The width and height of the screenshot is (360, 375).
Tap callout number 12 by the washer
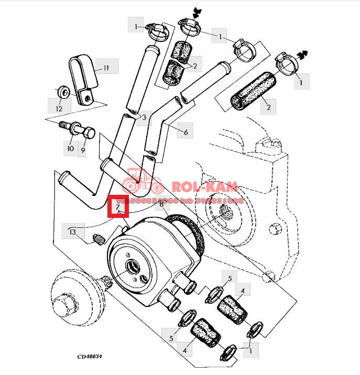coord(59,108)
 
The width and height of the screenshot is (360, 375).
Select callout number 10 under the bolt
coord(70,149)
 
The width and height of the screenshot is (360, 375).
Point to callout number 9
coord(82,151)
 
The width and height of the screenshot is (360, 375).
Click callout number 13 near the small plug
coord(72,231)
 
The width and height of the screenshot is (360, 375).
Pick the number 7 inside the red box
coord(118,207)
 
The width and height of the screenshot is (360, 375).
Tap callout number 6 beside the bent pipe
coord(186,133)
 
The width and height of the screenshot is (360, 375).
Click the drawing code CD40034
coord(90,357)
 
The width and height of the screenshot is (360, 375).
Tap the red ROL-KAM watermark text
coord(206,187)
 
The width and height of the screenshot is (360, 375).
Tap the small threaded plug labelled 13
coord(98,240)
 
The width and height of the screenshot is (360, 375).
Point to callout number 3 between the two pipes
coord(144,116)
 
